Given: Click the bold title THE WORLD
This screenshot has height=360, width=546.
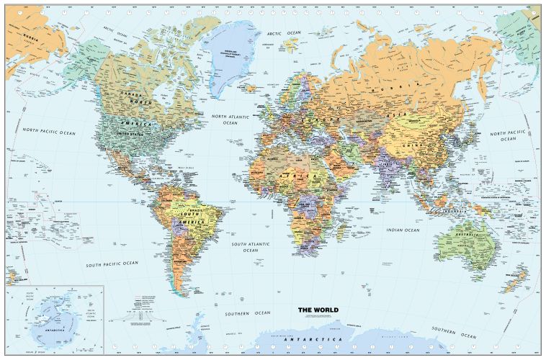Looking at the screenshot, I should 318,310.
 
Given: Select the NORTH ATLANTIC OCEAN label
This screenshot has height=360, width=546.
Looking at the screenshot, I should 229,119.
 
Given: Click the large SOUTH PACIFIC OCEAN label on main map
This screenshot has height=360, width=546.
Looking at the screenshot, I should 112,264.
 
